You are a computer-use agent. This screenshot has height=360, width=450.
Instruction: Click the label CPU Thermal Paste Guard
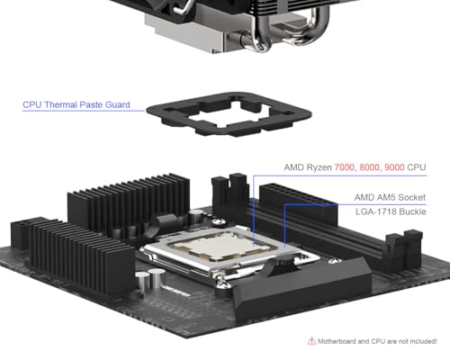[76, 105]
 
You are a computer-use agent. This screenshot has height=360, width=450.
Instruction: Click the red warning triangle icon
[312, 341]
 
